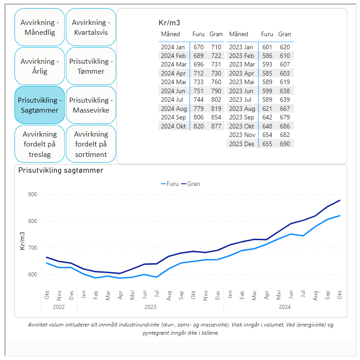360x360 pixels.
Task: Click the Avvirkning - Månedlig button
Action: tap(39, 27)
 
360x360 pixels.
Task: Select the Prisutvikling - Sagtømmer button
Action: tap(39, 105)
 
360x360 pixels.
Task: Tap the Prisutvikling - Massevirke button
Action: tap(91, 105)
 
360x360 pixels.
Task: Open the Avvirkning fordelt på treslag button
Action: tap(39, 144)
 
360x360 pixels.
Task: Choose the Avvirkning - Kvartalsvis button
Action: tap(91, 27)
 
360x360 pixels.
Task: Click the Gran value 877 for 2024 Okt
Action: tap(216, 126)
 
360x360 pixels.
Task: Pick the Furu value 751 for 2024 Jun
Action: tap(198, 91)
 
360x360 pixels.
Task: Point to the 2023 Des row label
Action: tap(242, 144)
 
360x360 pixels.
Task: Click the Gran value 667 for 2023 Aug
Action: tap(285, 109)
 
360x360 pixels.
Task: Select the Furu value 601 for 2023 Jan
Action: tap(267, 47)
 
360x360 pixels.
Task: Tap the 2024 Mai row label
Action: tap(173, 82)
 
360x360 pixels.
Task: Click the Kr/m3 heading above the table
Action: tap(169, 23)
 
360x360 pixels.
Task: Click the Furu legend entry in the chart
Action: tap(170, 184)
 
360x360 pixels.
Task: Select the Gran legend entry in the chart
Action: tap(191, 184)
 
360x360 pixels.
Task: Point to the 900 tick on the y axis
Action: tap(33, 194)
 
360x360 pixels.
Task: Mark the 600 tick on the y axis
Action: tap(33, 275)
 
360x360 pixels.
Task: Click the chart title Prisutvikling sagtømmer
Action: tap(61, 171)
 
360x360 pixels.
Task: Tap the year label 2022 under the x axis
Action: tap(59, 307)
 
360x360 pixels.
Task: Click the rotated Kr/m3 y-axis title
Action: tap(22, 241)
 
